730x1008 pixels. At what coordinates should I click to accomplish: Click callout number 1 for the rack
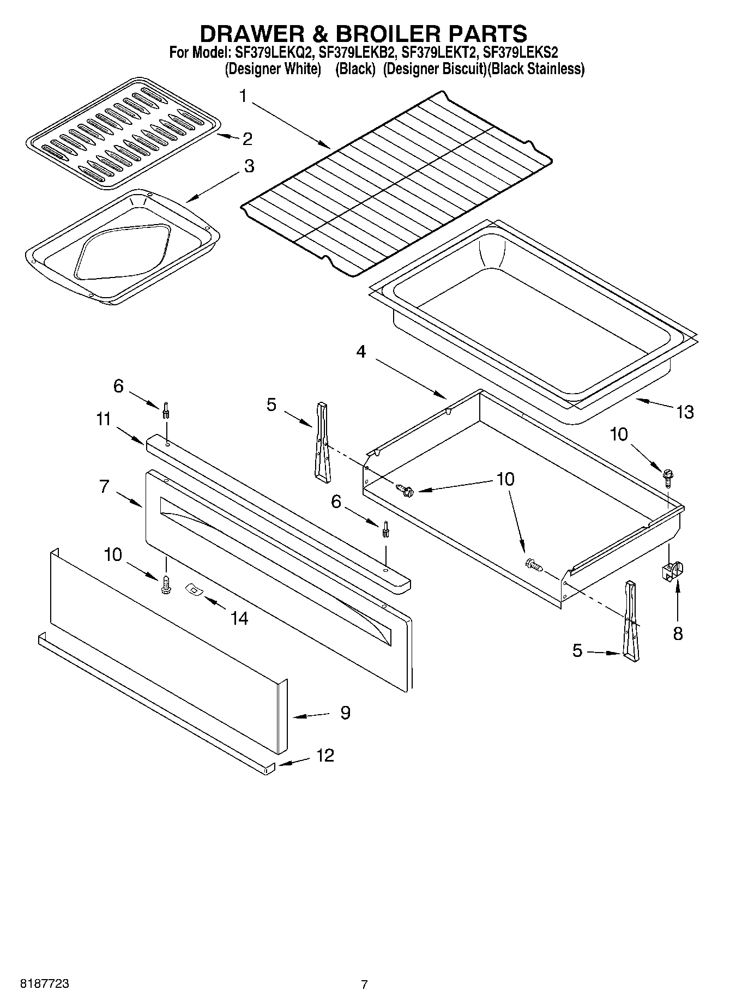point(243,96)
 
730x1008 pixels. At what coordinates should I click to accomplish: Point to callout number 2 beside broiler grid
point(247,138)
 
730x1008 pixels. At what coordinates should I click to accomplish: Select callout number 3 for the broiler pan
point(249,166)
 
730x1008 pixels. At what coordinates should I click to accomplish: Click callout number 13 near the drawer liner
point(685,412)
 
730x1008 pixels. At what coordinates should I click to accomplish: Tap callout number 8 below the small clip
point(678,633)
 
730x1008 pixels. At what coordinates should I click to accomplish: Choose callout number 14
point(239,618)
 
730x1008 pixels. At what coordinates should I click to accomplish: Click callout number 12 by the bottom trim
point(325,756)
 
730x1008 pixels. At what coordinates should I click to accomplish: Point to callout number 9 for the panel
point(345,713)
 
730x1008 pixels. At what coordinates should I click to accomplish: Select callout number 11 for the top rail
point(104,419)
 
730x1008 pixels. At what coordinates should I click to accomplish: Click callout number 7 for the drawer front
point(105,486)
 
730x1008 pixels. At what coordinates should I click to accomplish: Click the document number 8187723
point(45,984)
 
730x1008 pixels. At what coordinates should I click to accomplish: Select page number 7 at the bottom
point(364,985)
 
